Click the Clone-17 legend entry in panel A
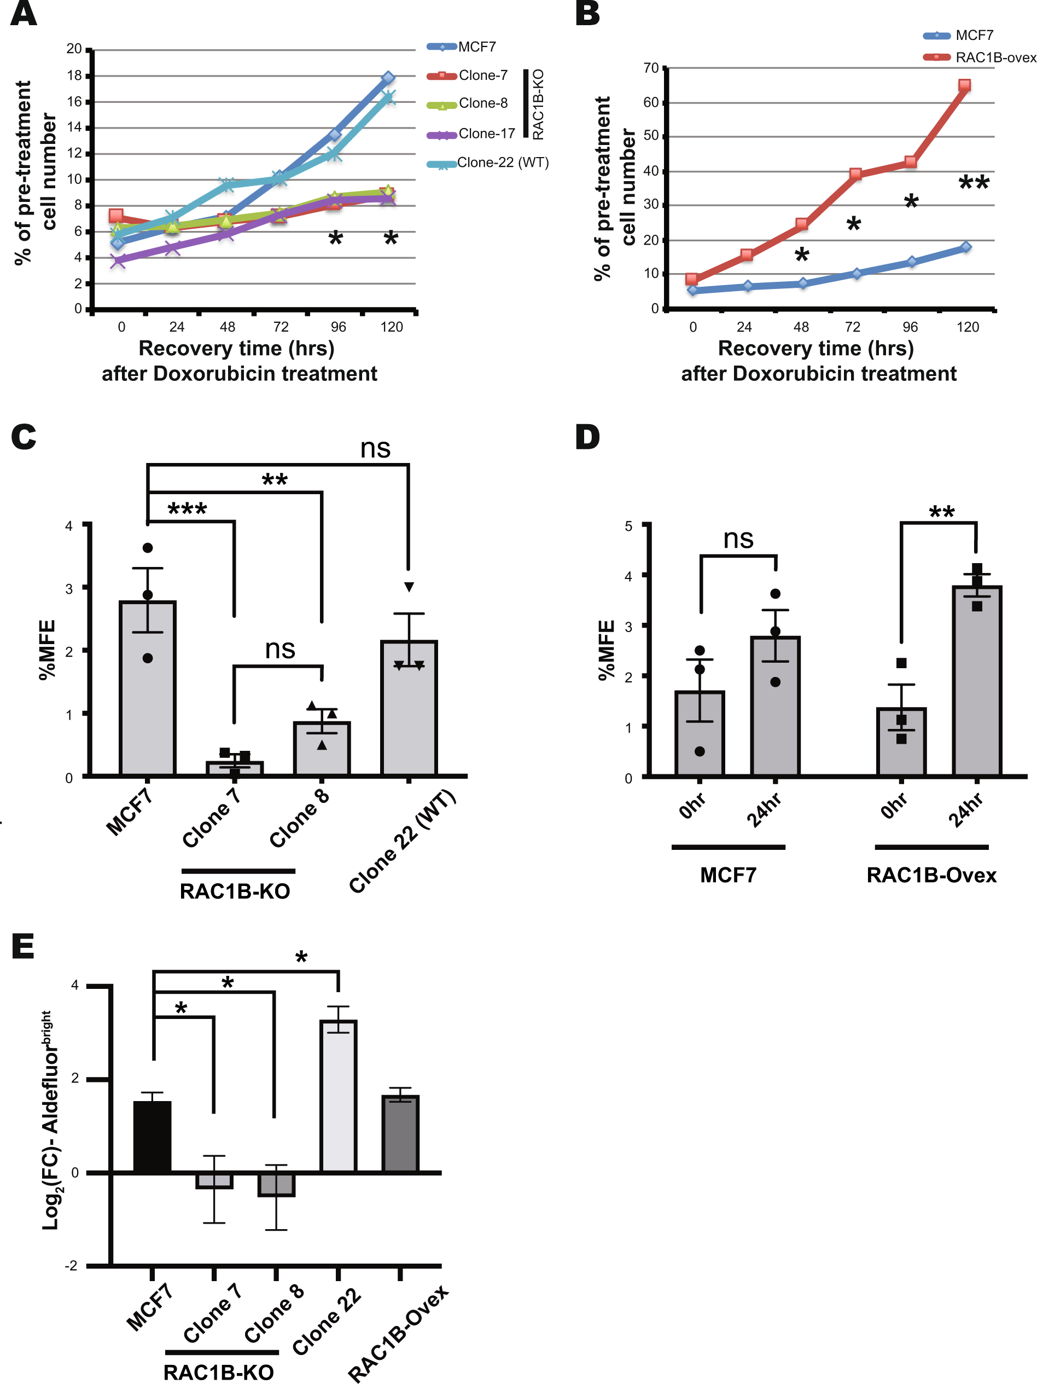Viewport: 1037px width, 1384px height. pyautogui.click(x=486, y=134)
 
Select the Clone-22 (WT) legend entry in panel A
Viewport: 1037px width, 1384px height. pyautogui.click(x=502, y=163)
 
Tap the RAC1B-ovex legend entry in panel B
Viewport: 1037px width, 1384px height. pyautogui.click(x=995, y=57)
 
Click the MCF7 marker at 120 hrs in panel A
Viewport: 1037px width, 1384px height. pyautogui.click(x=388, y=78)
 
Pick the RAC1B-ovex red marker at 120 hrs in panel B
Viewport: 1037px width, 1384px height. pyautogui.click(x=964, y=85)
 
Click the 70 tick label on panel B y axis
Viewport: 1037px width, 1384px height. pyautogui.click(x=650, y=67)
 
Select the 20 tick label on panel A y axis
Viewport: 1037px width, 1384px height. pyautogui.click(x=74, y=49)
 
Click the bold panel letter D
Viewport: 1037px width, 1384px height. pyautogui.click(x=587, y=437)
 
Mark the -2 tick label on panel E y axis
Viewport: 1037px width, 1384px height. pyautogui.click(x=71, y=1266)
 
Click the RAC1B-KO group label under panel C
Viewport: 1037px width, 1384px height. pyautogui.click(x=235, y=891)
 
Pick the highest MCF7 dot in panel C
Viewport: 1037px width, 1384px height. pyautogui.click(x=148, y=548)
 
